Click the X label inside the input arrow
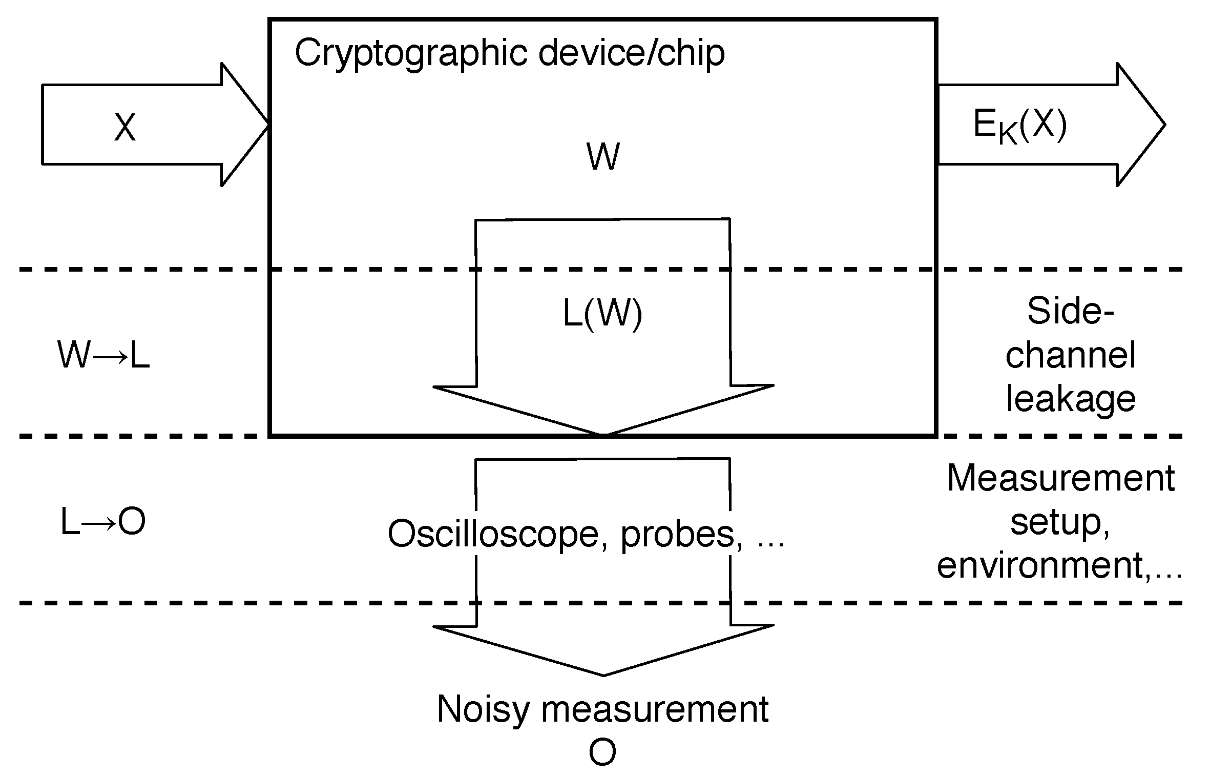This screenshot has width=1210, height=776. tap(125, 127)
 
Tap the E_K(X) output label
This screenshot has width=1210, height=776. tap(1019, 126)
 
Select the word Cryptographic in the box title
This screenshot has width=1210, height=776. tap(410, 53)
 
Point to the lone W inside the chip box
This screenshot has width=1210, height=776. tap(603, 157)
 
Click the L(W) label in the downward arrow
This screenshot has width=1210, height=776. tap(602, 313)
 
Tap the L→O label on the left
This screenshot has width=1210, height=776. tap(103, 522)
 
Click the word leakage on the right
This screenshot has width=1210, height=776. tap(1071, 400)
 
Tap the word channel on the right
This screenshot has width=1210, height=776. tap(1071, 355)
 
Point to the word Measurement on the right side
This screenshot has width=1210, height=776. tap(1060, 478)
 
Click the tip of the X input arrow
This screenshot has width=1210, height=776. tap(267, 125)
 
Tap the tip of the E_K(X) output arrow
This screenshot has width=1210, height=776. tap(1164, 125)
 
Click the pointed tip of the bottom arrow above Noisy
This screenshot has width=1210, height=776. tap(603, 675)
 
